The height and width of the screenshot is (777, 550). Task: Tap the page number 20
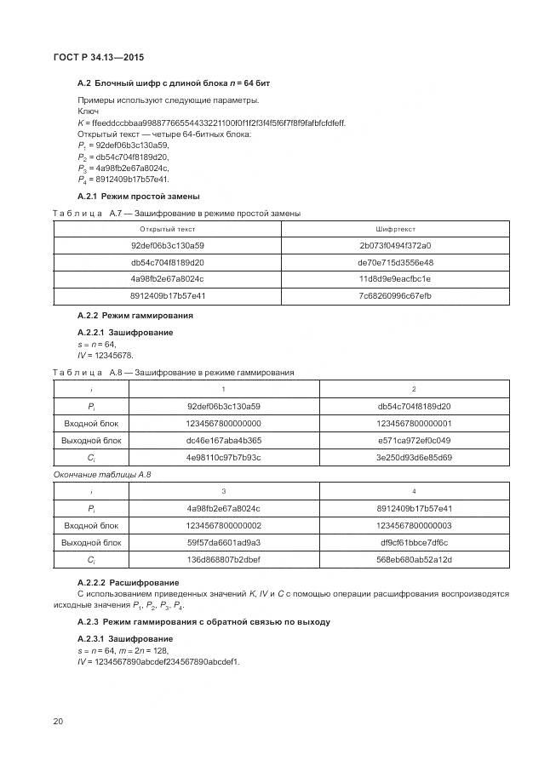tap(58, 722)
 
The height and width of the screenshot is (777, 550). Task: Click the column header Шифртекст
tap(395, 229)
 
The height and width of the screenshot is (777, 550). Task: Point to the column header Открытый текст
tap(167, 229)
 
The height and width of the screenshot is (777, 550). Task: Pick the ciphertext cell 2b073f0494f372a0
tap(395, 246)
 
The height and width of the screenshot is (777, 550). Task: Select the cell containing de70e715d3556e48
tap(395, 262)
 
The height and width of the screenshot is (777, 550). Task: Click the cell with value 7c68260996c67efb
tap(395, 295)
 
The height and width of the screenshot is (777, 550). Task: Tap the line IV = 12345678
tap(106, 355)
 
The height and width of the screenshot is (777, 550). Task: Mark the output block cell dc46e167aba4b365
tap(223, 440)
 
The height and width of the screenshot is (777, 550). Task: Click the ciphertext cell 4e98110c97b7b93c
tap(223, 457)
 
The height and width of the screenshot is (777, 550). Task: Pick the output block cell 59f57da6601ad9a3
tap(223, 542)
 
